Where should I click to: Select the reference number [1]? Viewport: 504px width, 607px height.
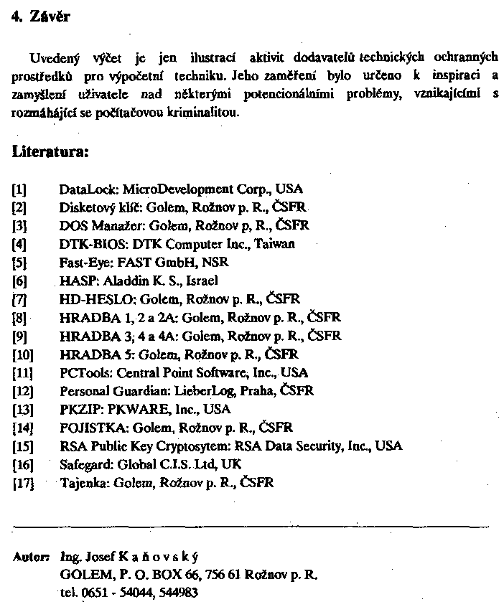(19, 189)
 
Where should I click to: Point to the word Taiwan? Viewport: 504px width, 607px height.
(274, 244)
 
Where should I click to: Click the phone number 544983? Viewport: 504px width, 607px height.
(178, 593)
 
